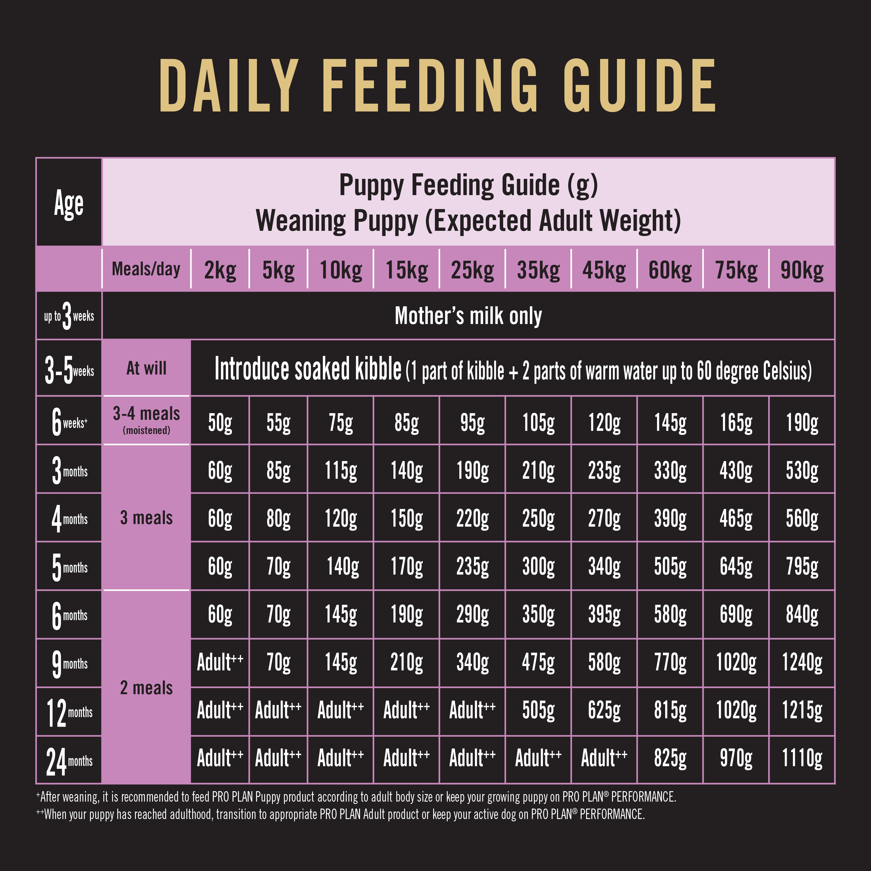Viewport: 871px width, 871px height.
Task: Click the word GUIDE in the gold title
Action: tap(639, 86)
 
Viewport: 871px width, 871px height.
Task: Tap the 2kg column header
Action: tap(220, 270)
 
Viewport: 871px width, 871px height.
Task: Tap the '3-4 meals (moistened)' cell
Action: tap(146, 420)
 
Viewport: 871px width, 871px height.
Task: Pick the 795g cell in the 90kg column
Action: tap(802, 566)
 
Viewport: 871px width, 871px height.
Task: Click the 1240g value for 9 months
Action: tap(802, 663)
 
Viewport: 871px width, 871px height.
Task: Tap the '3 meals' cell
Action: tap(146, 518)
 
